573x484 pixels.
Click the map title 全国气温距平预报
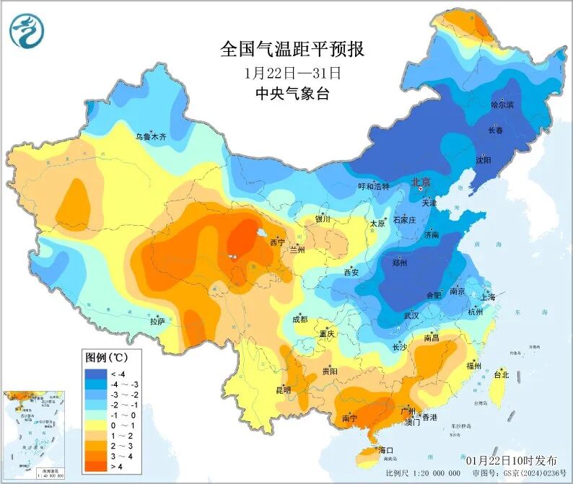tap(292, 50)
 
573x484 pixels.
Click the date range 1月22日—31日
tap(292, 72)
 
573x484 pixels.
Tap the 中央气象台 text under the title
tap(292, 93)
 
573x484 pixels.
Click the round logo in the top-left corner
tap(27, 31)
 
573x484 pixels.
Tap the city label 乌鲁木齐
tap(151, 136)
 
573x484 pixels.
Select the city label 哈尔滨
tap(502, 105)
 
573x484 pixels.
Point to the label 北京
tap(420, 182)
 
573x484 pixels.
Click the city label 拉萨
tap(157, 320)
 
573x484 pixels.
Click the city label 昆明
tap(283, 390)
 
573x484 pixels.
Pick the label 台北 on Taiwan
tap(501, 374)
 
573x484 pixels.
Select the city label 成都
tap(299, 320)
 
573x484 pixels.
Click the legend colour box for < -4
tap(95, 373)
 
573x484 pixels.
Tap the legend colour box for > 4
tap(95, 466)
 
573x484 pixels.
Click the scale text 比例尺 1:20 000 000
tap(422, 474)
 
